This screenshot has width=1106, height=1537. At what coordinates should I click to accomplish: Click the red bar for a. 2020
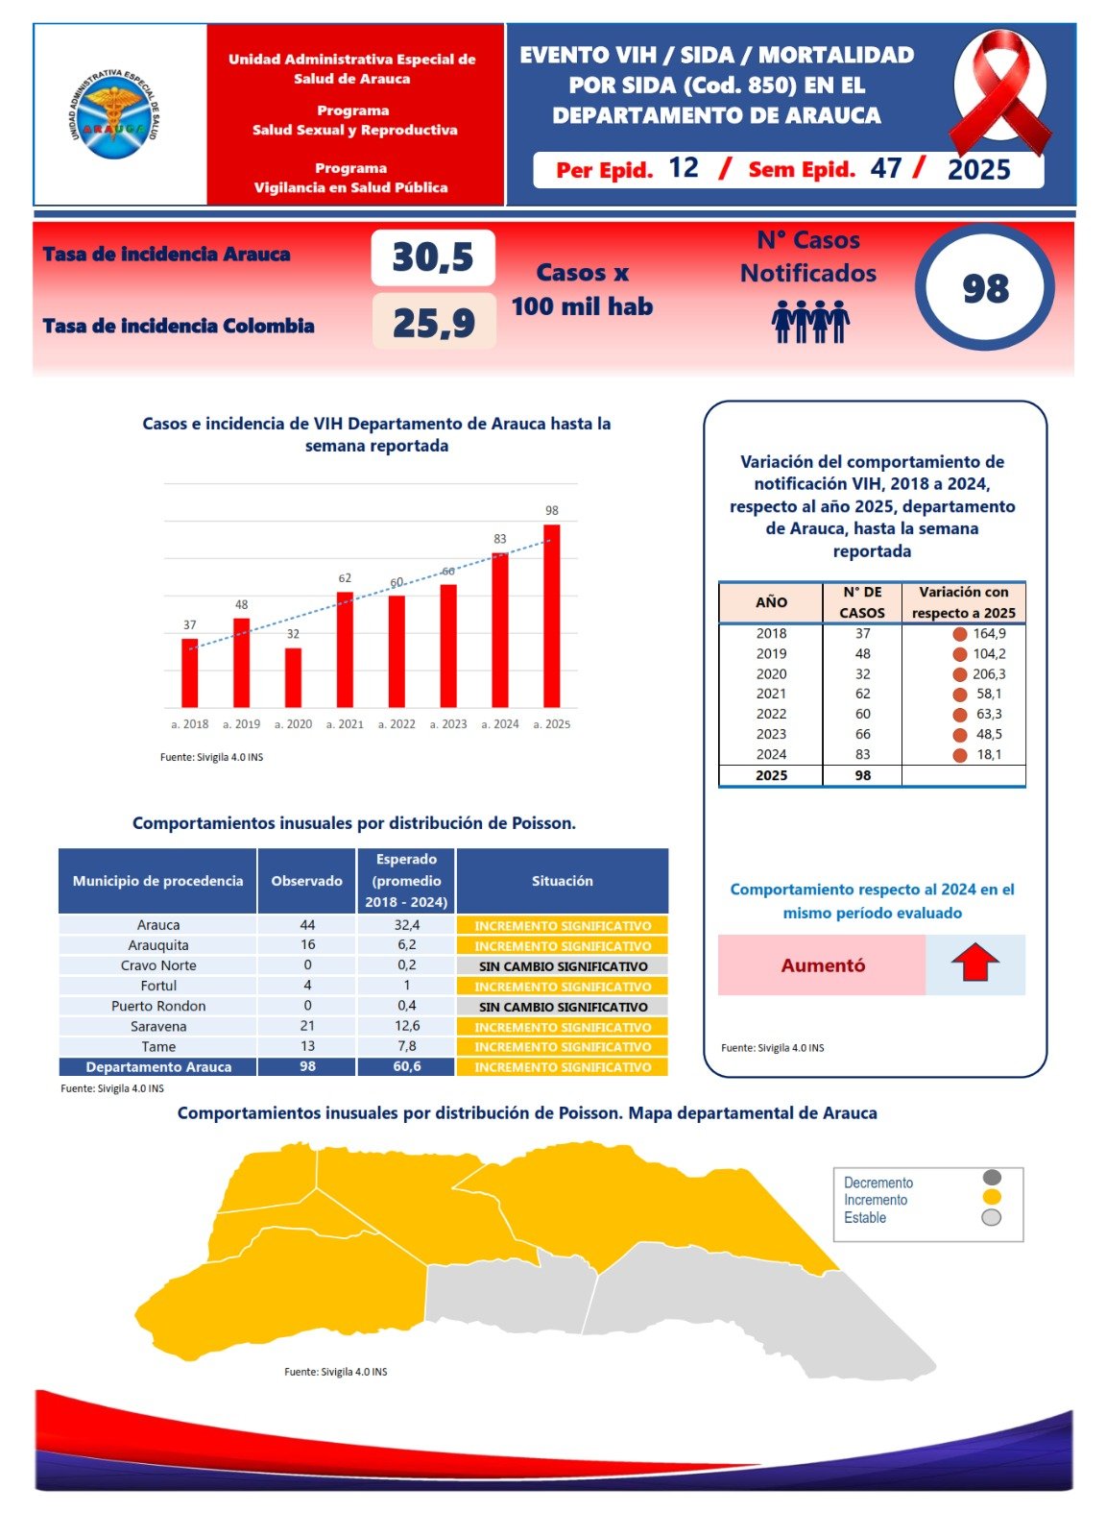[x=293, y=678]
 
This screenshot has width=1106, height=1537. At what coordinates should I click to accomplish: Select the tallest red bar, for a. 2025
[x=552, y=616]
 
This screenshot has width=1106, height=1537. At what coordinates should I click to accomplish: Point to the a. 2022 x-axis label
[x=397, y=724]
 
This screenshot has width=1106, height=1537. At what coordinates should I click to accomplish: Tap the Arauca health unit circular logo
[x=114, y=114]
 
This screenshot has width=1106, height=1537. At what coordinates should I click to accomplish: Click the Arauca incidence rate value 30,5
[x=433, y=257]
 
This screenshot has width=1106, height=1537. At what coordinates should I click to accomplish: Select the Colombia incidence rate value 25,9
[x=434, y=323]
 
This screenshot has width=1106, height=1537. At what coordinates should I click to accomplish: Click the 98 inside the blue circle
[x=985, y=288]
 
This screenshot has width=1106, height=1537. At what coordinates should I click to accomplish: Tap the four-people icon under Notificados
[x=810, y=322]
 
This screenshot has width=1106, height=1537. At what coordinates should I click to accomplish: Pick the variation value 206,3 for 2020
[x=989, y=674]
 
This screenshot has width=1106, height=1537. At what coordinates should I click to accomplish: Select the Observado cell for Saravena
[x=307, y=1026]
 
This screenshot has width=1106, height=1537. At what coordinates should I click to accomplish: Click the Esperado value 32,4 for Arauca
[x=407, y=925]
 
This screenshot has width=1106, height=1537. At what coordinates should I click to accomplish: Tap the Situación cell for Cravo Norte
[x=563, y=966]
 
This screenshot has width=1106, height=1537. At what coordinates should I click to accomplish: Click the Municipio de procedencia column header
[x=158, y=881]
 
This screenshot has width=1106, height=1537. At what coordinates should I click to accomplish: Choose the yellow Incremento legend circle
[x=992, y=1197]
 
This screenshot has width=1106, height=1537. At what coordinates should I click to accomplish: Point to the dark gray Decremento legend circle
[x=992, y=1178]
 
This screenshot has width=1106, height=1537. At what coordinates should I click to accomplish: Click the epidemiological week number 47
[x=886, y=169]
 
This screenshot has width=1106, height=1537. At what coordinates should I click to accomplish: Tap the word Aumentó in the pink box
[x=823, y=965]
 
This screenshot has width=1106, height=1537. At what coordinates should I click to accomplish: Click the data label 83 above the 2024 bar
[x=500, y=539]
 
